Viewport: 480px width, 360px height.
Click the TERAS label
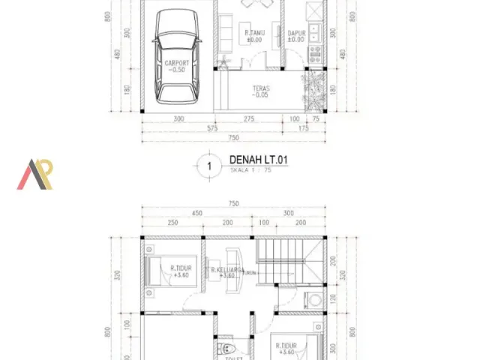click(261, 91)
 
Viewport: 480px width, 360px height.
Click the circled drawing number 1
click(210, 166)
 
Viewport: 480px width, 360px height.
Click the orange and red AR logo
click(35, 174)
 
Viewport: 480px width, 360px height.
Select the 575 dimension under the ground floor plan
click(212, 128)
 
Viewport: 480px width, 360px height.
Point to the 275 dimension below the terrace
click(248, 118)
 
